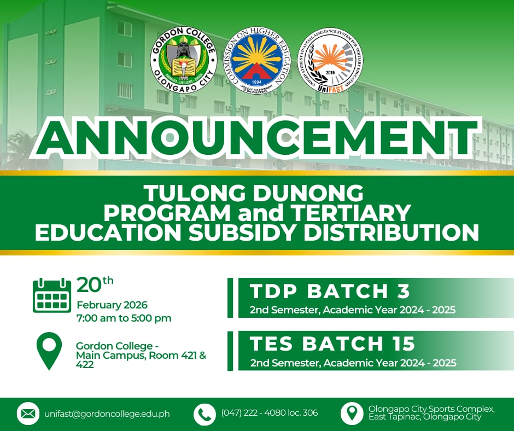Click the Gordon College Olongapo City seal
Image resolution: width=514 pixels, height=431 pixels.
pyautogui.click(x=184, y=60)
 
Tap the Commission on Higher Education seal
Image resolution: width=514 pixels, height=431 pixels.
pyautogui.click(x=257, y=60)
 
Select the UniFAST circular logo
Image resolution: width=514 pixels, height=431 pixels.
pyautogui.click(x=330, y=60)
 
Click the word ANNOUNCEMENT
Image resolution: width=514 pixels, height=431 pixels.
pyautogui.click(x=256, y=137)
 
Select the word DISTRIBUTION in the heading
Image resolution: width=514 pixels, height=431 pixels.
pyautogui.click(x=392, y=232)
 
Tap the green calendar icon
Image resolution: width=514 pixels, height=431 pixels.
pyautogui.click(x=52, y=295)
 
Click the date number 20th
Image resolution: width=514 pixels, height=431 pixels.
pyautogui.click(x=95, y=284)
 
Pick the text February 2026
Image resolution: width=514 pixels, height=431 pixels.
pyautogui.click(x=112, y=305)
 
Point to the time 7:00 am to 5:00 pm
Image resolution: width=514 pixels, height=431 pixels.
pyautogui.click(x=124, y=318)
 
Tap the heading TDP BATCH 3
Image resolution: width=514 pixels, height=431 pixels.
pyautogui.click(x=330, y=290)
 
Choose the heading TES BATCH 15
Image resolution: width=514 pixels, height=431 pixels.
pyautogui.click(x=332, y=343)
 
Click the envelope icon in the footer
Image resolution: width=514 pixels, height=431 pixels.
pyautogui.click(x=28, y=413)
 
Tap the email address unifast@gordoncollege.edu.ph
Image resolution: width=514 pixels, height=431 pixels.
pyautogui.click(x=107, y=414)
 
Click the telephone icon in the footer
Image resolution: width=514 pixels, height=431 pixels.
pyautogui.click(x=205, y=414)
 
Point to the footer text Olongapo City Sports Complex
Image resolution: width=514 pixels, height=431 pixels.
pyautogui.click(x=431, y=409)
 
